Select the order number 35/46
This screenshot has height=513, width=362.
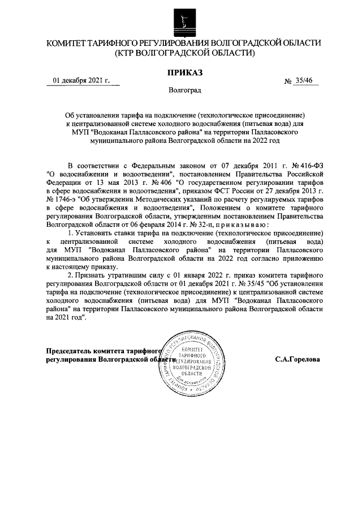coord(304,81)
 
